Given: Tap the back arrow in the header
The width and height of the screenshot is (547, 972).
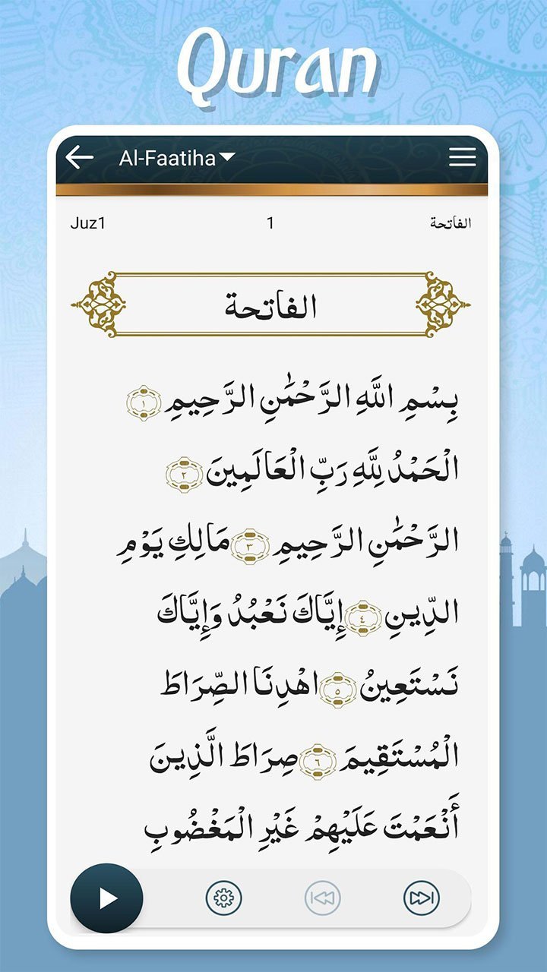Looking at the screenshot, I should coord(79,157).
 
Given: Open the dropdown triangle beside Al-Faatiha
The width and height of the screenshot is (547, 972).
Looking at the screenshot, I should coord(227,157).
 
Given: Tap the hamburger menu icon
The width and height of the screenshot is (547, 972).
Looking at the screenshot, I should coord(462,157).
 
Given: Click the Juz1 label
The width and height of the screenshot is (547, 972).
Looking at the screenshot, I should coord(88,223).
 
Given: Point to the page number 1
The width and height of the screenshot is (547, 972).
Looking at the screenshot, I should coord(270,223).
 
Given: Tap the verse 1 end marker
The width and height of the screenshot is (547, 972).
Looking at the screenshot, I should coord(144,402).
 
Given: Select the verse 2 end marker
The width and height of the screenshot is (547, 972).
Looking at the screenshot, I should coord(184,474).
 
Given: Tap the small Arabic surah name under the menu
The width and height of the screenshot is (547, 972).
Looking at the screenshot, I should coord(451,223).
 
